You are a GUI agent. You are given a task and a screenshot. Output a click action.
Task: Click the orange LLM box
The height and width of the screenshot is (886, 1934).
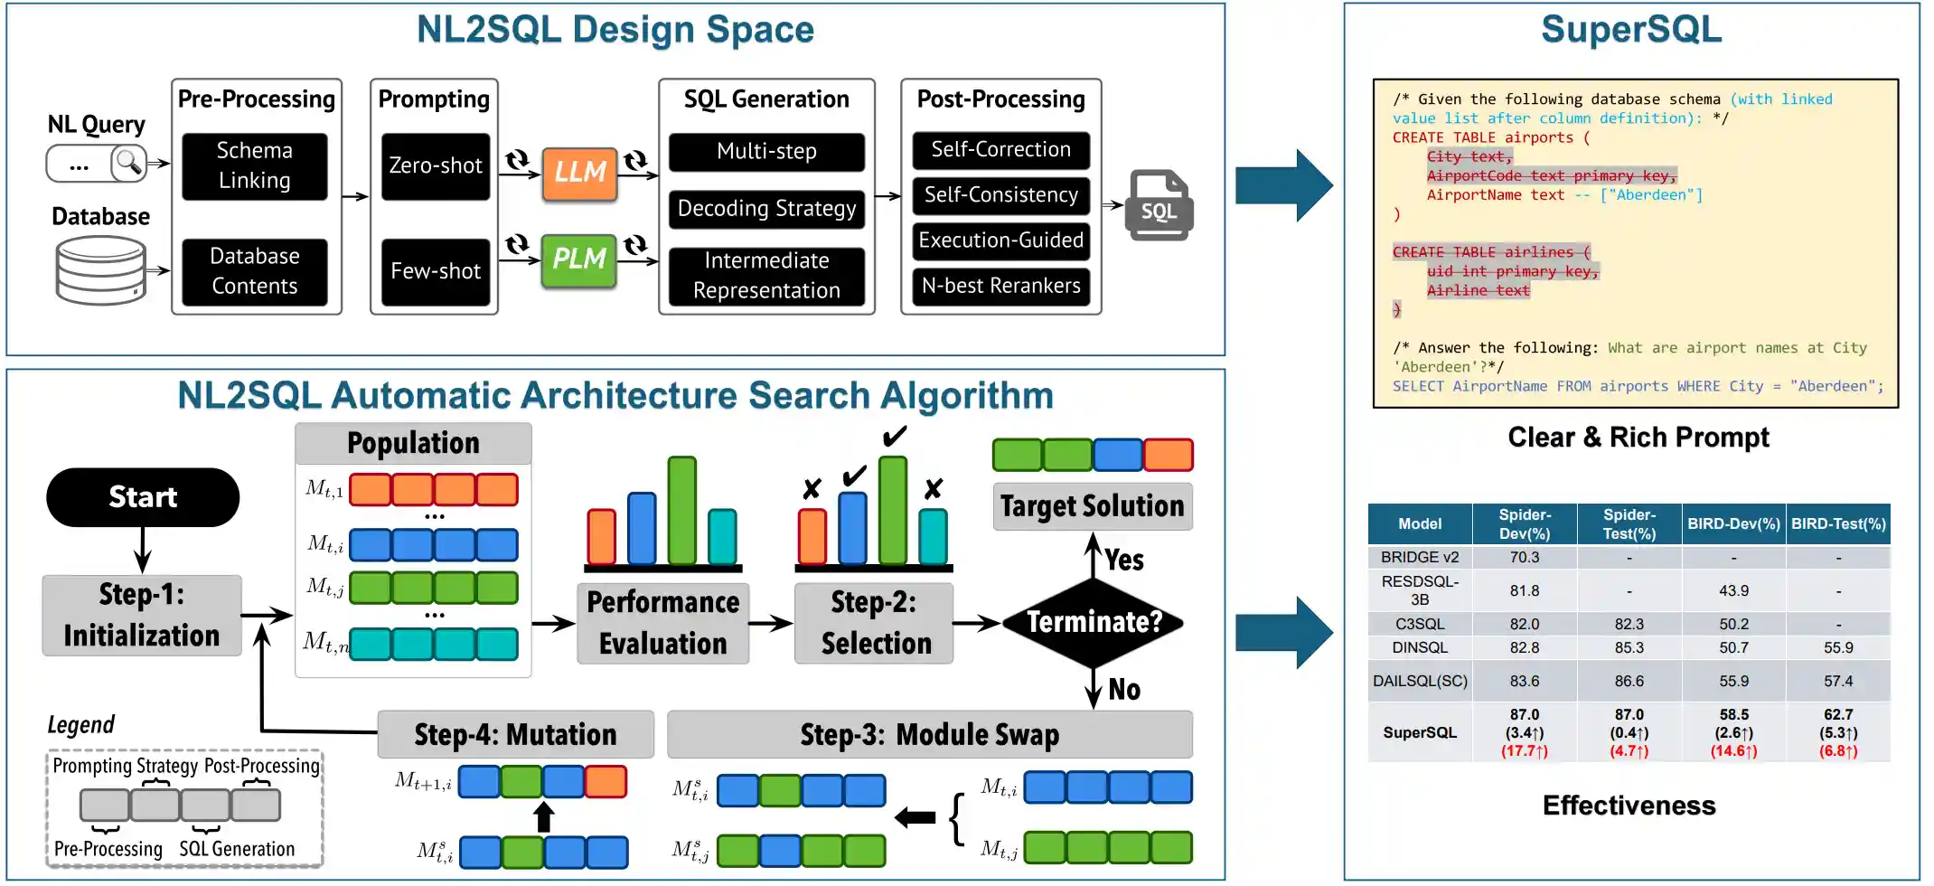[x=579, y=173]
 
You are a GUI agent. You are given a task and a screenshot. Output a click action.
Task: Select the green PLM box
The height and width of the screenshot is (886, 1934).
[x=578, y=259]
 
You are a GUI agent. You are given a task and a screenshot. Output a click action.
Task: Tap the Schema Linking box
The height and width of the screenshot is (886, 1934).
[x=255, y=165]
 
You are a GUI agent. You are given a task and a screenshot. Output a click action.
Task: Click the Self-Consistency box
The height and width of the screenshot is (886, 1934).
[x=1000, y=195]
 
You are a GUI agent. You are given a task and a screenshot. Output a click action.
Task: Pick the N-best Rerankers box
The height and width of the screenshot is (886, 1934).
[x=1000, y=286]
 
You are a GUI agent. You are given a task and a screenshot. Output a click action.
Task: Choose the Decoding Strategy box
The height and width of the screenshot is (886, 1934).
[x=766, y=209]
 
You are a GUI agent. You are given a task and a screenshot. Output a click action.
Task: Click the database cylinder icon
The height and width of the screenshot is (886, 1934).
[x=100, y=269]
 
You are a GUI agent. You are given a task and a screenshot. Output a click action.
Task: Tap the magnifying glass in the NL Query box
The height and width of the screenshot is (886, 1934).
[x=128, y=163]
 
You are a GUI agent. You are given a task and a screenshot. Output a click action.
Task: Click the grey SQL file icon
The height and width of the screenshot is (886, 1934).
[x=1159, y=205]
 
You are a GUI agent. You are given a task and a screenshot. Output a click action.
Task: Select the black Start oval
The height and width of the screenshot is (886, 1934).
[x=143, y=497]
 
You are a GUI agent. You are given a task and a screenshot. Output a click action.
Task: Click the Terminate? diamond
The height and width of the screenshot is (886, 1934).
[x=1094, y=622]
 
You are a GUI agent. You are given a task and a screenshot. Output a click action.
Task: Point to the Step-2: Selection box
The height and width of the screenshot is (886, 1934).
[x=874, y=623]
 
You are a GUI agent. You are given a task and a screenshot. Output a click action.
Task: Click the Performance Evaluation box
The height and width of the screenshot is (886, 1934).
[x=662, y=623]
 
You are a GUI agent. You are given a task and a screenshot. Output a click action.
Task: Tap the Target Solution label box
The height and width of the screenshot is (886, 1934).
[x=1092, y=506]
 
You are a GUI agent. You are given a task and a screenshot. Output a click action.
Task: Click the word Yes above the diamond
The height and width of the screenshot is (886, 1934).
[x=1123, y=561]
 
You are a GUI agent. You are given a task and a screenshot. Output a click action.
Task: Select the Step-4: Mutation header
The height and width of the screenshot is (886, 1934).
[x=515, y=734]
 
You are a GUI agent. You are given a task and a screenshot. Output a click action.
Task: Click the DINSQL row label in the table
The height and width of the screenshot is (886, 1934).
[x=1420, y=647]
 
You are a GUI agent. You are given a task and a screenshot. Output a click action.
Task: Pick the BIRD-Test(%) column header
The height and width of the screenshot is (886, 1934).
[x=1838, y=524]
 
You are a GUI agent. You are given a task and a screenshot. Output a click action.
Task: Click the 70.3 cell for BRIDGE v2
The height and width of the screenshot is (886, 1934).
[x=1524, y=558]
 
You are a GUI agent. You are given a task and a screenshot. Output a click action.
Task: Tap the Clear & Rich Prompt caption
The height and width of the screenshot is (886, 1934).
[x=1638, y=438]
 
